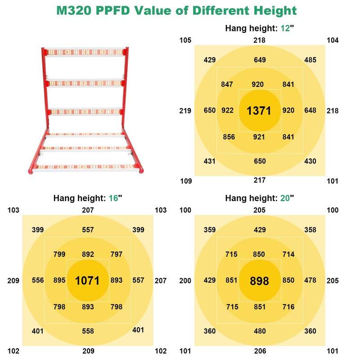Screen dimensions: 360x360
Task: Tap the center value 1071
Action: point(87,281)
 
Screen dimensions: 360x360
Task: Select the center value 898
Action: point(259,281)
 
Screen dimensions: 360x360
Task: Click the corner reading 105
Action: point(185,40)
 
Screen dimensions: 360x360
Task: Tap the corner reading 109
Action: point(185,181)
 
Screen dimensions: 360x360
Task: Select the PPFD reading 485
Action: point(310,59)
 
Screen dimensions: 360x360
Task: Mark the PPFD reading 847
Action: point(227,84)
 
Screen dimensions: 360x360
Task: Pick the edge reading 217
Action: point(259,181)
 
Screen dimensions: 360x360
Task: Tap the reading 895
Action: point(59,280)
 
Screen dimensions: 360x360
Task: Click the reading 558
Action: point(88,331)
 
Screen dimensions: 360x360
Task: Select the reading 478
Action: point(310,280)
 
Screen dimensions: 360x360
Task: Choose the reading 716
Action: point(288,307)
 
